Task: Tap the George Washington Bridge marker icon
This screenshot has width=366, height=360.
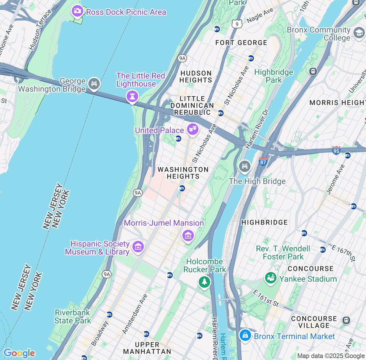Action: (x=94, y=83)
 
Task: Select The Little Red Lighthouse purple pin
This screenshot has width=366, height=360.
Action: (x=132, y=96)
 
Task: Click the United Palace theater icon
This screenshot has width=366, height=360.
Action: (x=192, y=129)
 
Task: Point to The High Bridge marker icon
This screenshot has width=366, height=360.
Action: (x=244, y=166)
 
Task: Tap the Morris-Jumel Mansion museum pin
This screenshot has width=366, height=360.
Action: (x=188, y=236)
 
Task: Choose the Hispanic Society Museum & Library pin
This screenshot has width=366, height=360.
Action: (x=138, y=247)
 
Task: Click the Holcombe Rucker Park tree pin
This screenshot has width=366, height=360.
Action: (x=204, y=282)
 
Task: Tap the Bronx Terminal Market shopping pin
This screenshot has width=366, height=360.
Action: (x=245, y=335)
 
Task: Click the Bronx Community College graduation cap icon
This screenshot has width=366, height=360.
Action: (x=359, y=33)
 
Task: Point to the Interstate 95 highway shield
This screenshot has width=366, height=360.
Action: (x=336, y=150)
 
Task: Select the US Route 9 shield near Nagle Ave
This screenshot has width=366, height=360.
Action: (x=237, y=24)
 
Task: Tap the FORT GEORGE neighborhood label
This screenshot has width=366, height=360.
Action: (x=241, y=43)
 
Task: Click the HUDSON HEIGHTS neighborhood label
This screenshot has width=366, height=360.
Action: (x=196, y=77)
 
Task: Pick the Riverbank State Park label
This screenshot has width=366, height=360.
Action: (x=72, y=317)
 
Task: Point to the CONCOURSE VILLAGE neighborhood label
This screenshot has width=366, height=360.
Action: (x=314, y=322)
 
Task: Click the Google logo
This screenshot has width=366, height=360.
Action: (x=19, y=353)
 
